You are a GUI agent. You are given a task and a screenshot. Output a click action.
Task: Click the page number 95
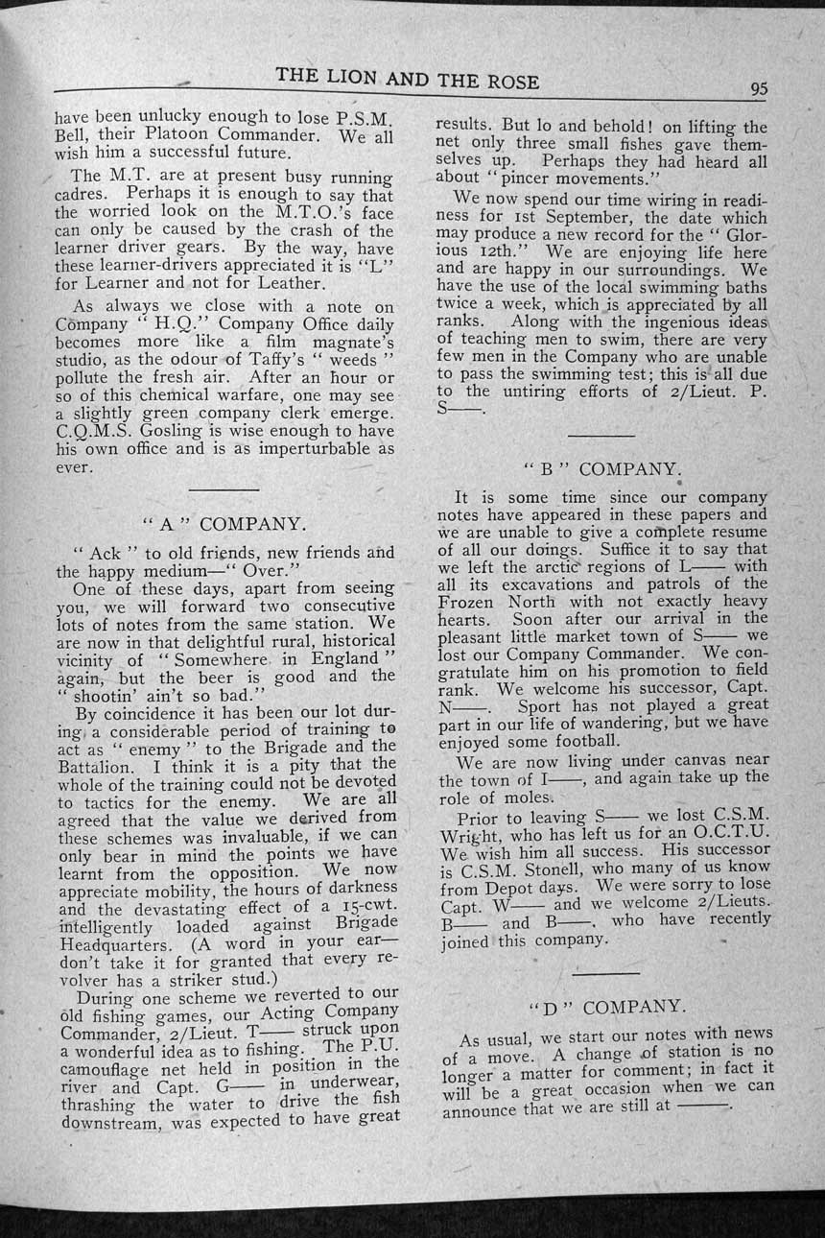[x=759, y=89]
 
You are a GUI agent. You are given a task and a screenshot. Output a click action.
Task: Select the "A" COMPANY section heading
[x=224, y=524]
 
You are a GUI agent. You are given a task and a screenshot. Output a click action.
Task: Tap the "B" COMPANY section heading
[x=602, y=469]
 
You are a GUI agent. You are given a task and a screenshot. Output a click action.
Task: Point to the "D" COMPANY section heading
[x=607, y=1007]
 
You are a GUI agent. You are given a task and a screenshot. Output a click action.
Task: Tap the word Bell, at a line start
[x=71, y=134]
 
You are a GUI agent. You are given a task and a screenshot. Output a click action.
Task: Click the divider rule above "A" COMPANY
[x=224, y=489]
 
